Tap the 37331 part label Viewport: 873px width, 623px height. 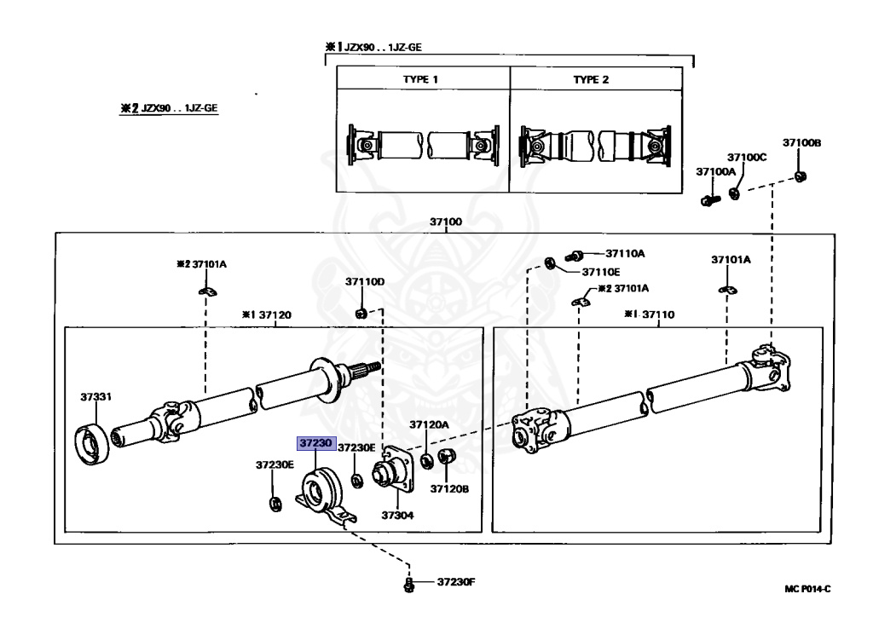pyautogui.click(x=96, y=396)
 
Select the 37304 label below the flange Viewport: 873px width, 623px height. pyautogui.click(x=396, y=516)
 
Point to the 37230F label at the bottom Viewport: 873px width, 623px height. pyautogui.click(x=454, y=583)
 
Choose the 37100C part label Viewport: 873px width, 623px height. pyautogui.click(x=747, y=158)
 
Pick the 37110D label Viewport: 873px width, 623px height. pyautogui.click(x=365, y=281)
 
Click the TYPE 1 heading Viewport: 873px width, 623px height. pyautogui.click(x=421, y=79)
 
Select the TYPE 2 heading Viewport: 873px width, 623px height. pyautogui.click(x=592, y=79)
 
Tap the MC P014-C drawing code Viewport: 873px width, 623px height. pyautogui.click(x=807, y=589)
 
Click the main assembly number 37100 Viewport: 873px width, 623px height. pyautogui.click(x=445, y=222)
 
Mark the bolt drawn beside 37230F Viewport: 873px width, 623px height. pyautogui.click(x=409, y=584)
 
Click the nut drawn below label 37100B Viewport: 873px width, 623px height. pyautogui.click(x=800, y=176)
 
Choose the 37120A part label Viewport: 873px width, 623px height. pyautogui.click(x=428, y=424)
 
